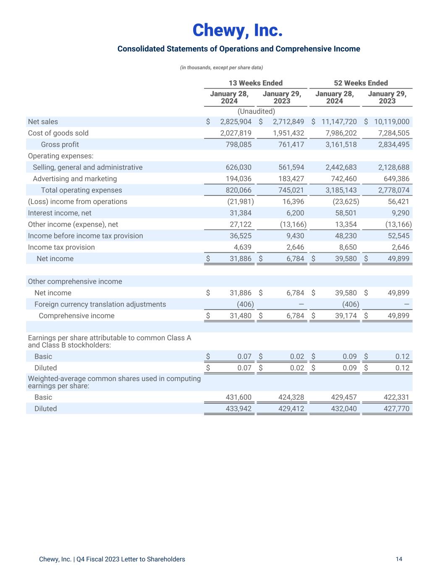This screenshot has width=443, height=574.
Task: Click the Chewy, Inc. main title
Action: pos(238,30)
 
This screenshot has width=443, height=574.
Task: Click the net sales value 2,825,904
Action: pos(236,122)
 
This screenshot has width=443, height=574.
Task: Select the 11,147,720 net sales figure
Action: pos(339,122)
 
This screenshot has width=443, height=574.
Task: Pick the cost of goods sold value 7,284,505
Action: pos(393,133)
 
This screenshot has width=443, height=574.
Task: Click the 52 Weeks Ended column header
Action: pos(361,83)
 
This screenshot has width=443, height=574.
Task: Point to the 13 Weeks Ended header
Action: pos(255,83)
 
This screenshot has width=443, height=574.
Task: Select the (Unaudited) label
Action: pos(256,111)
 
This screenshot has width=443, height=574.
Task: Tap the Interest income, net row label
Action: pos(60,213)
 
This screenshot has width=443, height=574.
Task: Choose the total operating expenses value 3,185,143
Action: pos(341,190)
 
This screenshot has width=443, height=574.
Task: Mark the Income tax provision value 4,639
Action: pos(242,247)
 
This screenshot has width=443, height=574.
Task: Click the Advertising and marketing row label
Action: pos(75,179)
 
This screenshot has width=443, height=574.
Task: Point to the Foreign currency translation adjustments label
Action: pos(100,304)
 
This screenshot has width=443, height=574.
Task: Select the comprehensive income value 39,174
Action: pos(346,315)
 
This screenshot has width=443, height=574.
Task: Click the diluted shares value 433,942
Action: pos(239,408)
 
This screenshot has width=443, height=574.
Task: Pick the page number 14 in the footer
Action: pos(398,559)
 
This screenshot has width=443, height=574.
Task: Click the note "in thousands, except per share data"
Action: pos(221,67)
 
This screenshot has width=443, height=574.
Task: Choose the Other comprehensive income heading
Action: pos(75,281)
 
